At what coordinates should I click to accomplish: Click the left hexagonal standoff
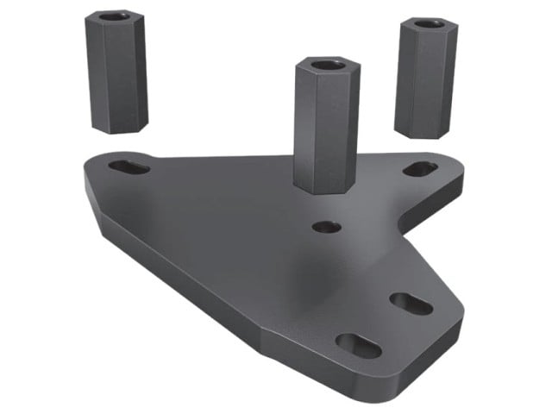pyautogui.click(x=116, y=73)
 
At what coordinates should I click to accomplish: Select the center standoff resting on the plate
pyautogui.click(x=324, y=125)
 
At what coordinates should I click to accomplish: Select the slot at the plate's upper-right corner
pyautogui.click(x=420, y=169)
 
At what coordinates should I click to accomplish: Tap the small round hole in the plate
pyautogui.click(x=325, y=227)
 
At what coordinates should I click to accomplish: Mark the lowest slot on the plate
pyautogui.click(x=358, y=344)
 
